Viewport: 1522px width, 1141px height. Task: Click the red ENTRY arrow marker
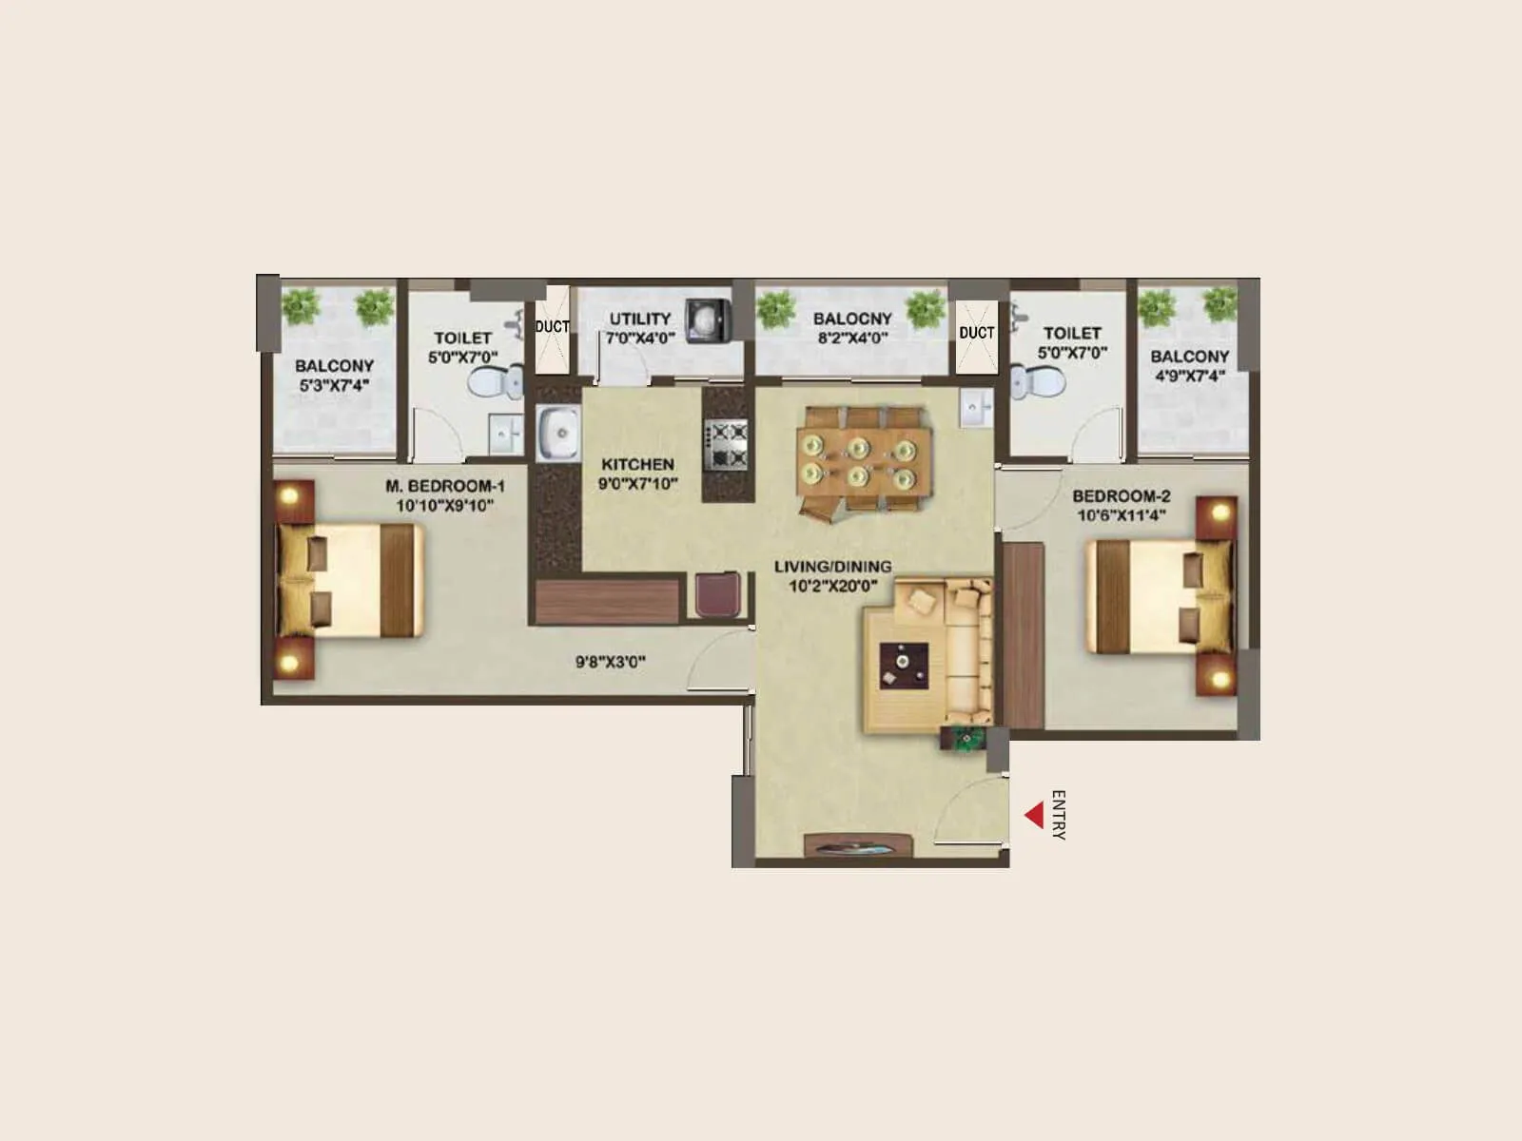tap(1034, 815)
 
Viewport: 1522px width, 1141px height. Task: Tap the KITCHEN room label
tap(637, 465)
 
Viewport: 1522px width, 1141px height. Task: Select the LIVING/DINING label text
tap(832, 567)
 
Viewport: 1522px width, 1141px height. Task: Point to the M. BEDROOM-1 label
tap(444, 486)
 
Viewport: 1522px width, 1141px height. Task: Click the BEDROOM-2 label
tap(1122, 496)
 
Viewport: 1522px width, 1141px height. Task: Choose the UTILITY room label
tap(639, 319)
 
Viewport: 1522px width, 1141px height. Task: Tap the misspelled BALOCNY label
tap(852, 319)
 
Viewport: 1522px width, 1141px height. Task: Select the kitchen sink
tap(558, 435)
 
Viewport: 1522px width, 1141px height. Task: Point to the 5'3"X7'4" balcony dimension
tap(333, 385)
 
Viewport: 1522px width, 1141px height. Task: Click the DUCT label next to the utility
tap(552, 326)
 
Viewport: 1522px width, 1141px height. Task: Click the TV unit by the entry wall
tap(859, 846)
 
